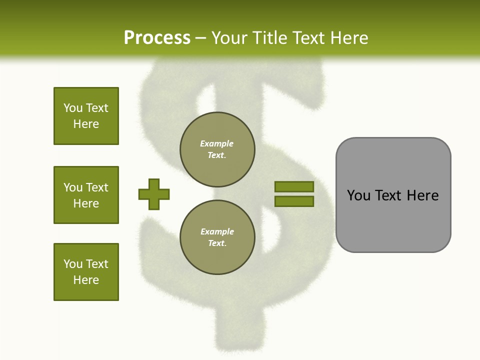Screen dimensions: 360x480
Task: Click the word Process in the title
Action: (x=157, y=37)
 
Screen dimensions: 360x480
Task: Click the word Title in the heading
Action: (x=269, y=38)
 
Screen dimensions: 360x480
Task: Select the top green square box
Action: (x=86, y=116)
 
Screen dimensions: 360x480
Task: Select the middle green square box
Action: (x=86, y=195)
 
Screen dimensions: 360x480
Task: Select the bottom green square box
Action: (x=86, y=272)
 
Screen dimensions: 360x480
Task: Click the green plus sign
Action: (x=154, y=194)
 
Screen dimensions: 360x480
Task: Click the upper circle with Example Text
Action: (x=217, y=149)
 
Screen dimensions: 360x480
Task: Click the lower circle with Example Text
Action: (x=217, y=237)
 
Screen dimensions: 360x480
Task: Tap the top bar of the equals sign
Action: (x=294, y=186)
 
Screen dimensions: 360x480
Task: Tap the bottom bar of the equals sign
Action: (x=294, y=201)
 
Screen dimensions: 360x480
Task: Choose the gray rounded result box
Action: (x=393, y=195)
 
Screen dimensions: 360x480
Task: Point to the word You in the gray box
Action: (x=359, y=195)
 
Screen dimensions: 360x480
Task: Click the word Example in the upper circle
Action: (x=217, y=143)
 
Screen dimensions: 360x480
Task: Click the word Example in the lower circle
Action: (x=217, y=231)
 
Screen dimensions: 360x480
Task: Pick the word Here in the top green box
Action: (x=86, y=124)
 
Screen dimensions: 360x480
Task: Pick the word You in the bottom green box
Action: (x=73, y=264)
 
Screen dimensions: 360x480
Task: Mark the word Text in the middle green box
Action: (x=97, y=187)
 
